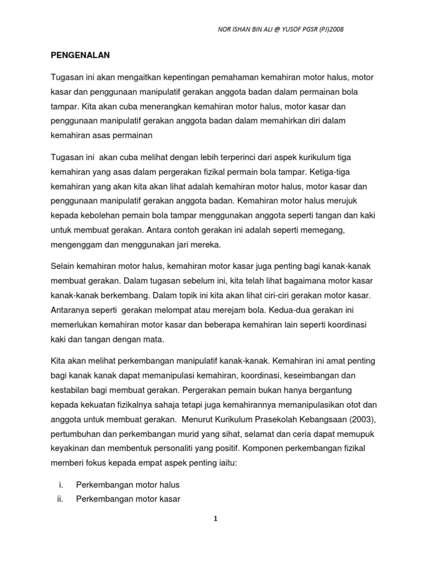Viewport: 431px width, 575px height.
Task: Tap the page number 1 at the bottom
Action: pyautogui.click(x=215, y=519)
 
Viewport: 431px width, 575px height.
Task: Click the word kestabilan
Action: pyautogui.click(x=67, y=389)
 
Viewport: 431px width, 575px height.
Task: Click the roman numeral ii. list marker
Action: pyautogui.click(x=61, y=498)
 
